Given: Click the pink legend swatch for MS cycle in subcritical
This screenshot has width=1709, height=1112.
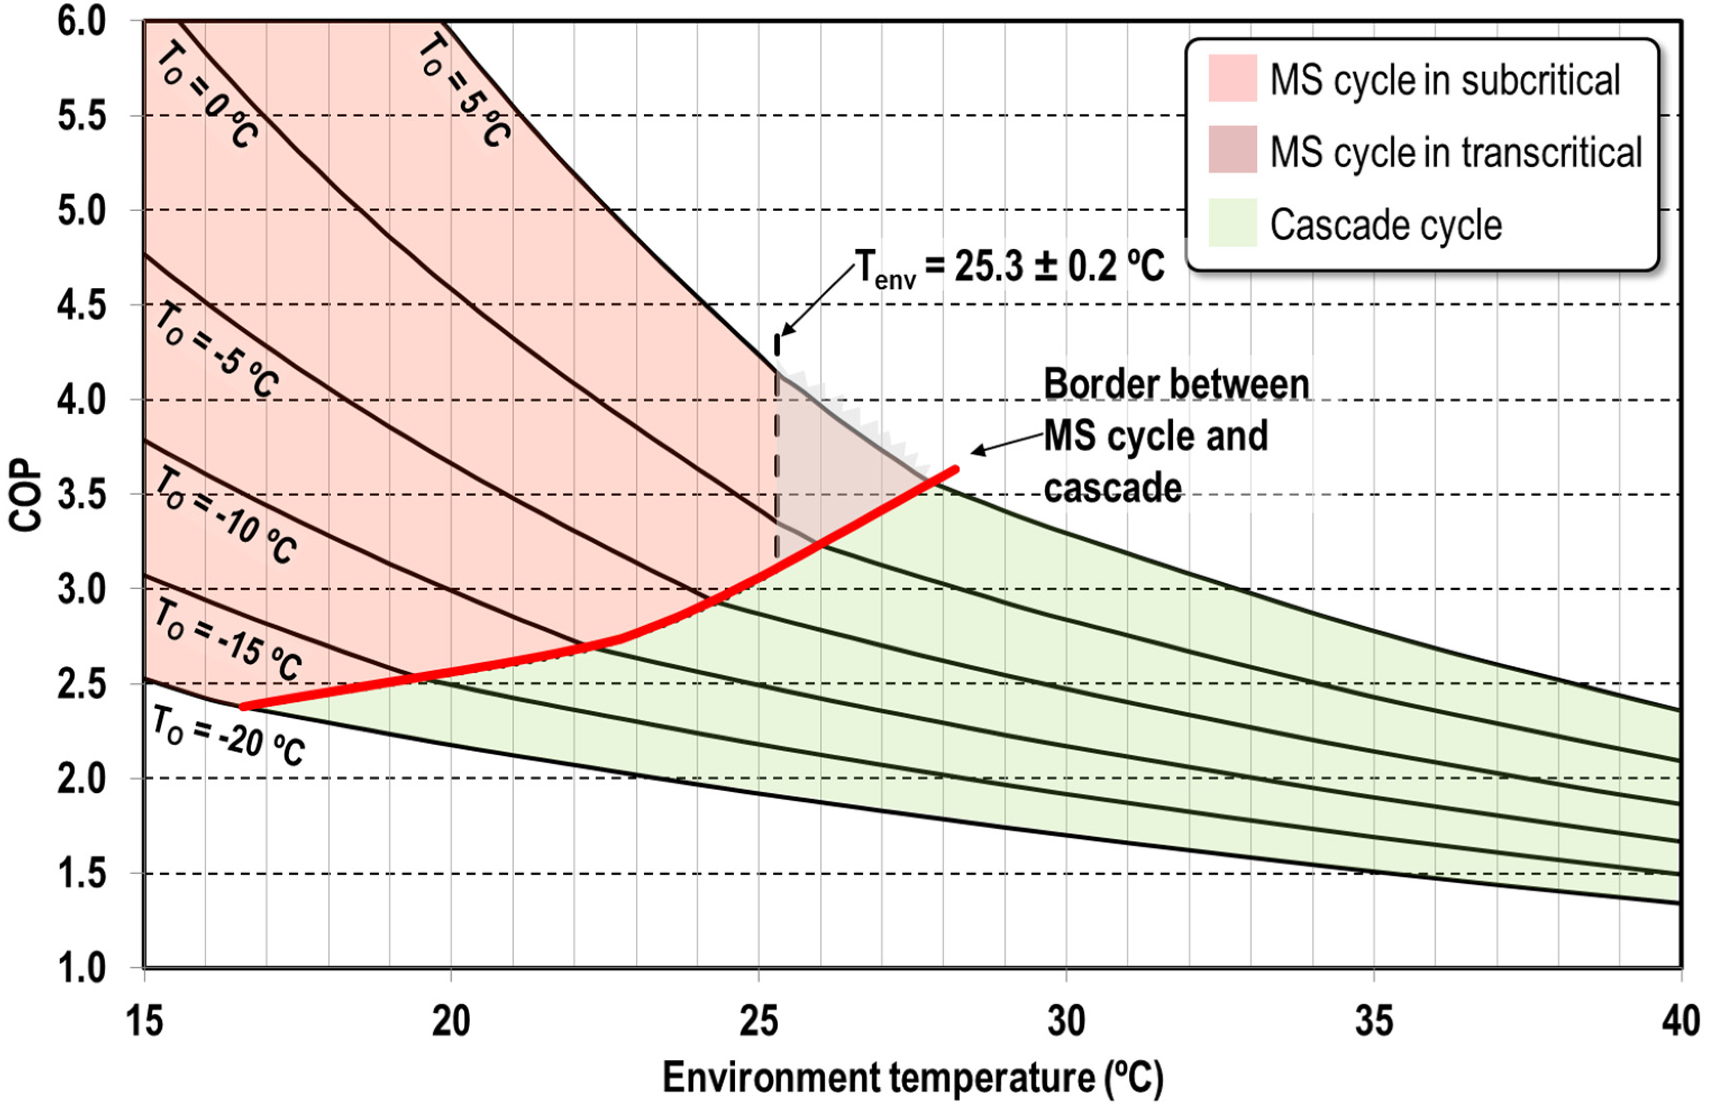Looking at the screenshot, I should tap(1232, 78).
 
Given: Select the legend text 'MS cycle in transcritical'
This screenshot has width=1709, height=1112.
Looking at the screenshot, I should tap(1455, 152).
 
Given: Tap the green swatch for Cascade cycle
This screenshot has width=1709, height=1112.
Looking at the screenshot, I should tap(1232, 223).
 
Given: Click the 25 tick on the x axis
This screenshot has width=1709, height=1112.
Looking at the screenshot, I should tap(759, 1021).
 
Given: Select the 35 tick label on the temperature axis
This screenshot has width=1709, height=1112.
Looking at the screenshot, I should tap(1373, 1021).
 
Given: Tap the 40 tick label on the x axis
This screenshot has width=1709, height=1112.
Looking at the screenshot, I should tap(1680, 1021).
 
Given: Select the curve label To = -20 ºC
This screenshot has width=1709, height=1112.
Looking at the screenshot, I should tap(228, 736).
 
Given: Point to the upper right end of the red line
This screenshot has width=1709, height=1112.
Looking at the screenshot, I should tap(956, 469).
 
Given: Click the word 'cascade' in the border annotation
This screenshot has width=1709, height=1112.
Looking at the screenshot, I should tap(1112, 488).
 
